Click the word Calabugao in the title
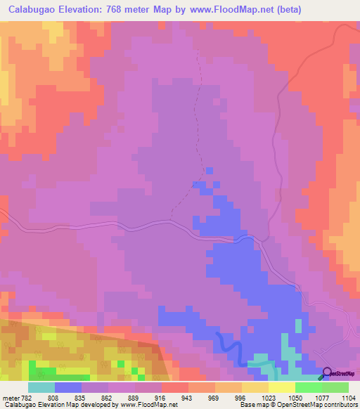pyautogui.click(x=35, y=11)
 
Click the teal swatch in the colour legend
pyautogui.click(x=41, y=387)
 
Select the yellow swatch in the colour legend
pyautogui.click(x=281, y=387)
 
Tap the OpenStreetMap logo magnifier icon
pyautogui.click(x=326, y=374)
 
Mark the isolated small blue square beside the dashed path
pyautogui.click(x=209, y=169)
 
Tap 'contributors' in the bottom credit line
pyautogui.click(x=340, y=405)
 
